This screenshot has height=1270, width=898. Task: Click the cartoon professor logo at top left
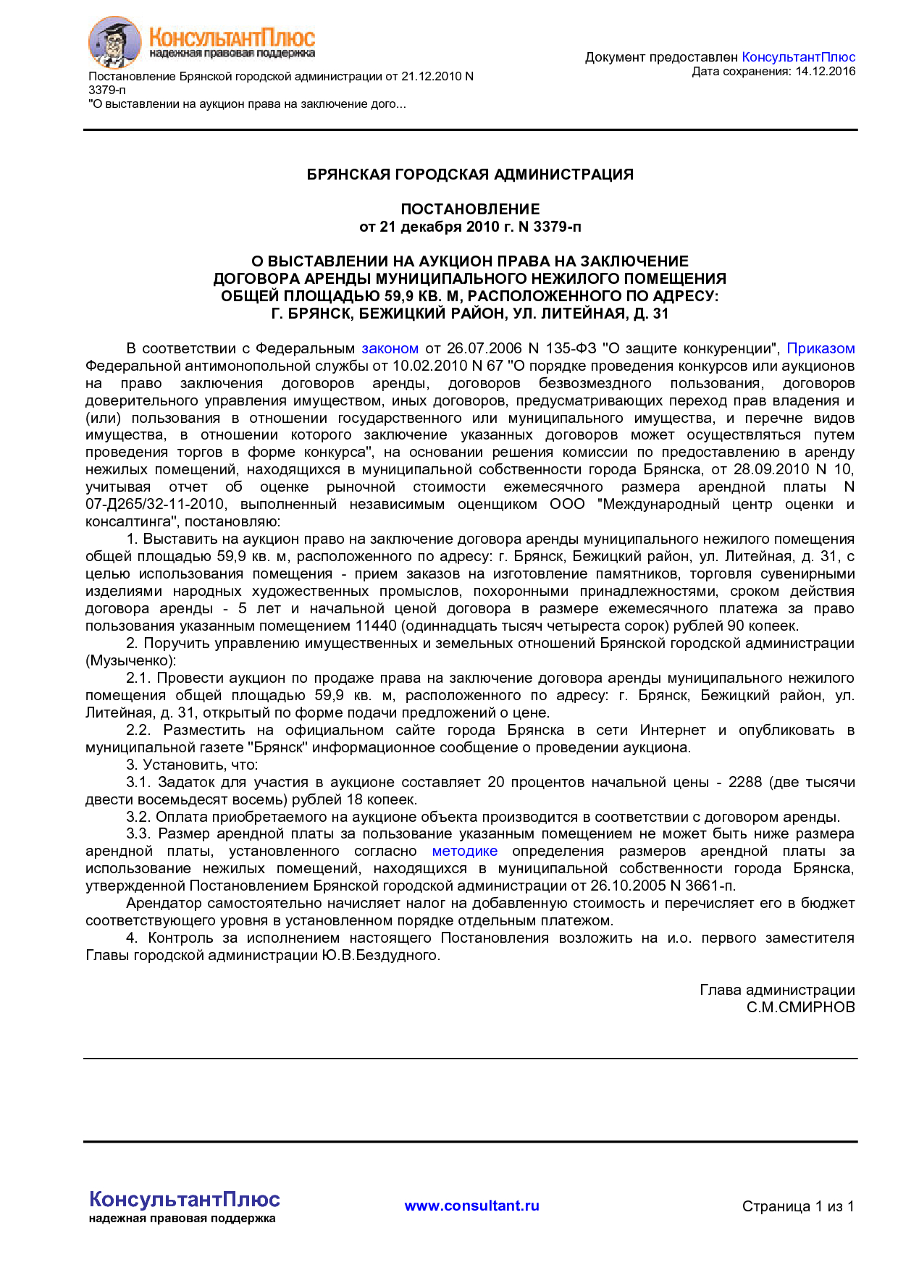[x=114, y=42]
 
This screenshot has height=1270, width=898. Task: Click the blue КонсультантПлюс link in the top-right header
[x=798, y=57]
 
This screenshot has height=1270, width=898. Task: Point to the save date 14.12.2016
[x=825, y=72]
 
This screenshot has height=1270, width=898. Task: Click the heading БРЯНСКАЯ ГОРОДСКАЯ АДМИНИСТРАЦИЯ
[x=470, y=174]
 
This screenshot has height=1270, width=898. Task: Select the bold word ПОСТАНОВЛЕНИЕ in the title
[x=470, y=209]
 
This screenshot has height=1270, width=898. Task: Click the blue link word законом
[x=390, y=348]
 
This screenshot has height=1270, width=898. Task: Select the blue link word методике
[x=464, y=851]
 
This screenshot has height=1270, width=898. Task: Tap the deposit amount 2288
[x=745, y=783]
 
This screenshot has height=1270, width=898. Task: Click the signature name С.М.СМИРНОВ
[x=800, y=1008]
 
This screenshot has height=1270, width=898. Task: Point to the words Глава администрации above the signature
[x=777, y=991]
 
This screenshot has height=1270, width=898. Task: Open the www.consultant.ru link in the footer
[x=471, y=1206]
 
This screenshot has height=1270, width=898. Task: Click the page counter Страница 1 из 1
[x=797, y=1207]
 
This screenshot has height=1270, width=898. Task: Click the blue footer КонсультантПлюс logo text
[x=184, y=1200]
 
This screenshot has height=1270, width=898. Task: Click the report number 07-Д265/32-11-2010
[x=156, y=505]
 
